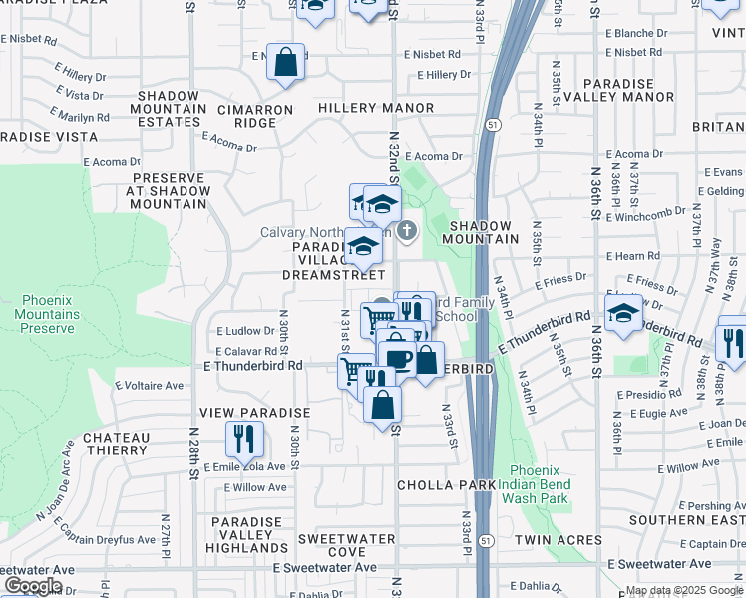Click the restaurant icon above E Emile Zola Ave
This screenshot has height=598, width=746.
click(243, 437)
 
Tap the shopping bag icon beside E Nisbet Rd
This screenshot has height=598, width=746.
click(286, 62)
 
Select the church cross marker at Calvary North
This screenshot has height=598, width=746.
click(406, 232)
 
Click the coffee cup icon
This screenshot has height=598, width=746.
click(397, 359)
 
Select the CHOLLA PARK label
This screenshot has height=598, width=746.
click(446, 485)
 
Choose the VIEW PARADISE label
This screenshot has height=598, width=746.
click(255, 413)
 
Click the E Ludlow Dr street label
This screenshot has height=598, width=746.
click(244, 331)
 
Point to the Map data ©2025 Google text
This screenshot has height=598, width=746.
click(684, 591)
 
